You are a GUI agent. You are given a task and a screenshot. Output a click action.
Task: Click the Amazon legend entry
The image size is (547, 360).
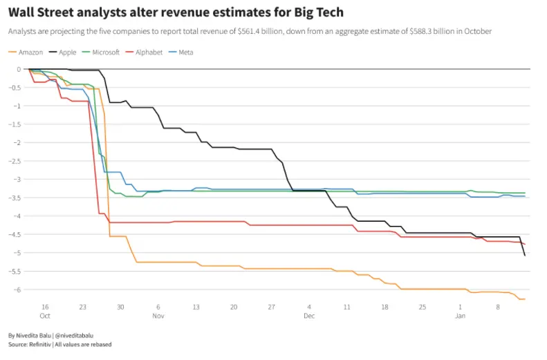(31, 53)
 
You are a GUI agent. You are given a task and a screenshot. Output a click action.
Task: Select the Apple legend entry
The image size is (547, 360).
(67, 53)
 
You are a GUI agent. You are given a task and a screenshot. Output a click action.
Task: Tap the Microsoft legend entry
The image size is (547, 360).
(106, 53)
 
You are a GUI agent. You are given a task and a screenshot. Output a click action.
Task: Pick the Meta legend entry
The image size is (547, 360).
(185, 53)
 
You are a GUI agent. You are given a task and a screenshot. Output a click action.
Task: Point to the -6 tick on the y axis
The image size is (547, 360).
(17, 290)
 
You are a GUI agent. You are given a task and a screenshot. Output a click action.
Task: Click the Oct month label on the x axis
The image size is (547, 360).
(45, 316)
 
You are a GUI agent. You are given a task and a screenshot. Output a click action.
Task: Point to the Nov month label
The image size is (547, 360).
(158, 316)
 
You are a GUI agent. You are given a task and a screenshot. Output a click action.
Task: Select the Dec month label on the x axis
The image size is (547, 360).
(309, 316)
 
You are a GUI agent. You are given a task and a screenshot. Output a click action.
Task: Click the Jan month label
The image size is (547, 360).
(460, 316)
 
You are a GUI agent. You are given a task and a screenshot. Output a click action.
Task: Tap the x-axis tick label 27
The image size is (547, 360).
(272, 307)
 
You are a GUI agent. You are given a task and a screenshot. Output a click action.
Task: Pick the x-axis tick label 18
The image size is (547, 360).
(384, 307)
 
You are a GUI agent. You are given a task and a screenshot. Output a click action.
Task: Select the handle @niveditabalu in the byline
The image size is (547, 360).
(73, 335)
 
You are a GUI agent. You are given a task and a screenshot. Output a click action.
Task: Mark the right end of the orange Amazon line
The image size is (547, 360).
(525, 299)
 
